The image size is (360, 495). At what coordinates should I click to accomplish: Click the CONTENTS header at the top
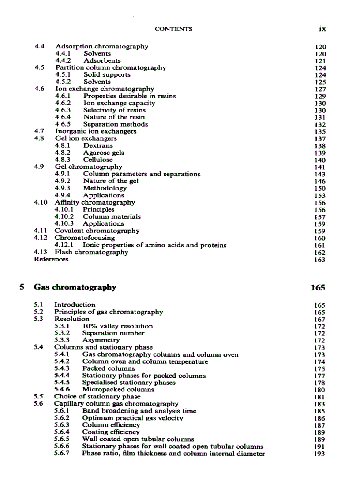click(x=173, y=29)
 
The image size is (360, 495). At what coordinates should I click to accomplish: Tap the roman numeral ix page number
click(x=322, y=29)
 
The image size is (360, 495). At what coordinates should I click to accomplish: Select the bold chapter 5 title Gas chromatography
click(x=75, y=287)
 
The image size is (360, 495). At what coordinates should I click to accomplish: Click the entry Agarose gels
click(x=104, y=153)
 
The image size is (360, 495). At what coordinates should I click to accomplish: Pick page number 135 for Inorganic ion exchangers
click(x=320, y=132)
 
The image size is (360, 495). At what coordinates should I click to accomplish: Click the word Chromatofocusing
click(x=84, y=238)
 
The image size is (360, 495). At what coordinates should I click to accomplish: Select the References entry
click(x=51, y=259)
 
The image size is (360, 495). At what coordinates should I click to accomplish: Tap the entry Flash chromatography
click(x=91, y=252)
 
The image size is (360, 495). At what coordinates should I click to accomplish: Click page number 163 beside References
click(x=320, y=260)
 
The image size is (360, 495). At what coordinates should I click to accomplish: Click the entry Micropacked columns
click(x=118, y=390)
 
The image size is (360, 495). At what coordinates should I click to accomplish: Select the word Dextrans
click(x=98, y=146)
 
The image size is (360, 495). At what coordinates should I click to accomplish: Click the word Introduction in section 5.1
click(x=75, y=305)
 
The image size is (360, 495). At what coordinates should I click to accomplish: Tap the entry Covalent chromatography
click(x=97, y=231)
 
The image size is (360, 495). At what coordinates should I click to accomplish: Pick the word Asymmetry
click(x=101, y=340)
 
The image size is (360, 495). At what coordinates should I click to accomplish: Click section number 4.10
click(x=41, y=202)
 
